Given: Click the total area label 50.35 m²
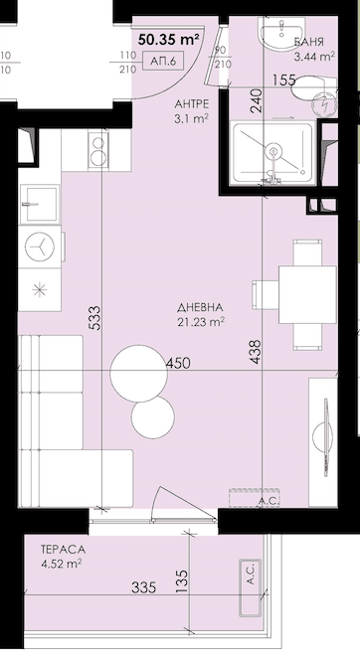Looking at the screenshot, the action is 169,40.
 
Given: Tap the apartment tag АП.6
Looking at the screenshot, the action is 162,62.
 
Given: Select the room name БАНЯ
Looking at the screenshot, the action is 308,42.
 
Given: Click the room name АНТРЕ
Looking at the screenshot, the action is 192,105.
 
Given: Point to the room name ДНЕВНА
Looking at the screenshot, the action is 200,307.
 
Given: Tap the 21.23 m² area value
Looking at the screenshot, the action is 200,322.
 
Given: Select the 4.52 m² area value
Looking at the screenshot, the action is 62,564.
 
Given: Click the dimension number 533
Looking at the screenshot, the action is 95,318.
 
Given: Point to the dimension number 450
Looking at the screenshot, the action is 178,363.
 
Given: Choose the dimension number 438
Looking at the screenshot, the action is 255,351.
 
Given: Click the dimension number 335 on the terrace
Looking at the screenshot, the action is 143,587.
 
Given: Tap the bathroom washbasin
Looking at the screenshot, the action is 282,33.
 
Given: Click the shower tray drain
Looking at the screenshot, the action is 273,150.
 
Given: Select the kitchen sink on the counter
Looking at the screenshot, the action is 40,205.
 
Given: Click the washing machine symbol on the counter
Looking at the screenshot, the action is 40,247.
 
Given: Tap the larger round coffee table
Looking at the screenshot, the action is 138,374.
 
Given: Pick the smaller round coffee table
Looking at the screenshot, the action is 153,417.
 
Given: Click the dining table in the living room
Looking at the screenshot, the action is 307,294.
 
